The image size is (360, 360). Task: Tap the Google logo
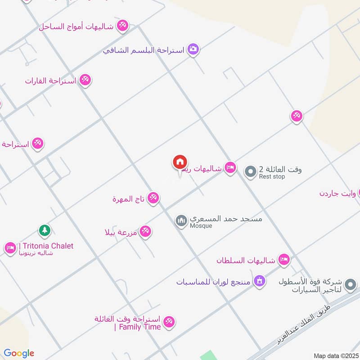pyautogui.click(x=19, y=353)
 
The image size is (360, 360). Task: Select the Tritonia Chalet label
pyautogui.click(x=47, y=246)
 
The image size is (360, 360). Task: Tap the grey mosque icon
pyautogui.click(x=181, y=220)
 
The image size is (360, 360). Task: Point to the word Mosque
pyautogui.click(x=201, y=226)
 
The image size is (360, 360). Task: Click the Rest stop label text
pyautogui.click(x=272, y=177)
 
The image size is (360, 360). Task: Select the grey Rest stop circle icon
pyautogui.click(x=250, y=171)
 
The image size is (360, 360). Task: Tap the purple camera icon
pyautogui.click(x=193, y=49)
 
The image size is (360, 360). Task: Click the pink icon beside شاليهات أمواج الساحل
pyautogui.click(x=122, y=26)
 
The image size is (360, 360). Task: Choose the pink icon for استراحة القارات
pyautogui.click(x=85, y=81)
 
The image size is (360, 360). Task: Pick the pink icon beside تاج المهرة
pyautogui.click(x=153, y=198)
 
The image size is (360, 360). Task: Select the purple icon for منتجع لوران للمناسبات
pyautogui.click(x=259, y=282)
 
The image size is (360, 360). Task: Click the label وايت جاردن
pyautogui.click(x=337, y=193)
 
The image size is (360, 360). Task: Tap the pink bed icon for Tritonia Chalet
pyautogui.click(x=10, y=248)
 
